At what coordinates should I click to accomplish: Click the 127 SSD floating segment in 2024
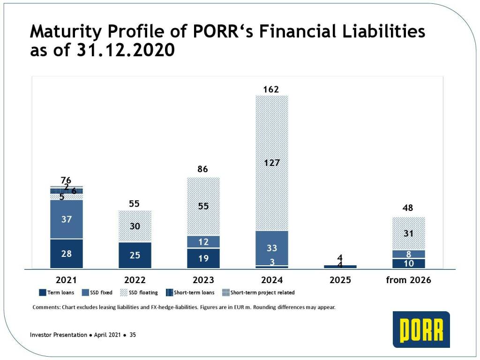(271, 163)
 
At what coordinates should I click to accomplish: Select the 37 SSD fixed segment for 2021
(66, 219)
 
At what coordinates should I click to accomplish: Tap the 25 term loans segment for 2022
(135, 255)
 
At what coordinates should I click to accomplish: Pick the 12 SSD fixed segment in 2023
(203, 241)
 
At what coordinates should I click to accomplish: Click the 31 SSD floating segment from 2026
(408, 233)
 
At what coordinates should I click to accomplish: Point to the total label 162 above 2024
(271, 89)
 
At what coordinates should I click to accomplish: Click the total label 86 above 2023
(203, 169)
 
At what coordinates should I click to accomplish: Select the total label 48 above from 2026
(408, 208)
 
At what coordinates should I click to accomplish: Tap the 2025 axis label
(340, 280)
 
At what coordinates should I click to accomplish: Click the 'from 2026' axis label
(408, 280)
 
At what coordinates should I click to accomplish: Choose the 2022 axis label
(135, 280)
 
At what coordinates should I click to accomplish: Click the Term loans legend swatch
(42, 292)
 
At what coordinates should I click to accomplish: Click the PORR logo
(421, 330)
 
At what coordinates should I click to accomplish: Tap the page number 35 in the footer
(133, 335)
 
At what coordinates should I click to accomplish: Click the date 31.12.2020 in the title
(125, 50)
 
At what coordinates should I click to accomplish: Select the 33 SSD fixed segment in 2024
(271, 248)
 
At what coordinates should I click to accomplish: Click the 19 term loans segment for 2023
(203, 258)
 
